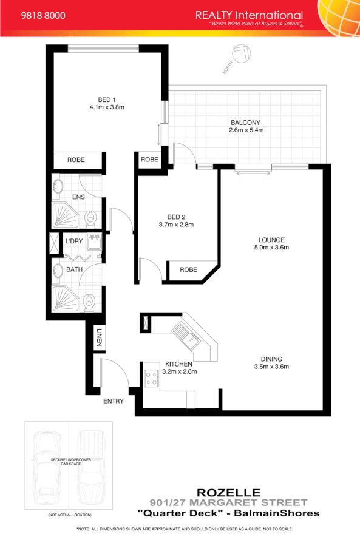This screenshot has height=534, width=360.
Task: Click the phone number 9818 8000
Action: point(43,15)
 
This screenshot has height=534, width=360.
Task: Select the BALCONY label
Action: point(245,123)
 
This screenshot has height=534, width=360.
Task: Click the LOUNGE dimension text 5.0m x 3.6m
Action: point(271,248)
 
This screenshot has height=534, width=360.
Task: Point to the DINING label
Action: point(271,358)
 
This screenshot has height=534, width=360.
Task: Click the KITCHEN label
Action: point(178,364)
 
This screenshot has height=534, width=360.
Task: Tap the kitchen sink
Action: point(183,334)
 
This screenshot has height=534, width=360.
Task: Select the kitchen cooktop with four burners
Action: point(151,379)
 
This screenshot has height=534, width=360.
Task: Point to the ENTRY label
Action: point(114,401)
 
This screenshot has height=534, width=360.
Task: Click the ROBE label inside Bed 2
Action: point(189,270)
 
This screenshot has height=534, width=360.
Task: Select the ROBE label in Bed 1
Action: point(76,160)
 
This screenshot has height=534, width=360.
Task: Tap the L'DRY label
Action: point(74,242)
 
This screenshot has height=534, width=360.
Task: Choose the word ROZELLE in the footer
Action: point(229,492)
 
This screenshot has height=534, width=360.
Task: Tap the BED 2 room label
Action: point(176,216)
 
